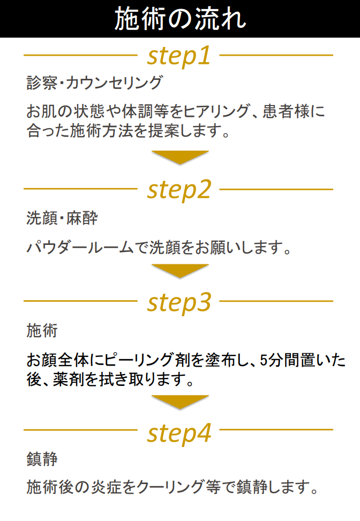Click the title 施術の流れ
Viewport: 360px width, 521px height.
point(180,19)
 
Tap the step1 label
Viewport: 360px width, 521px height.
point(179,56)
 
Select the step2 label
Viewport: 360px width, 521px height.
point(179,190)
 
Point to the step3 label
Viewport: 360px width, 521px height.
point(179,302)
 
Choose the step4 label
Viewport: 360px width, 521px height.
point(179,433)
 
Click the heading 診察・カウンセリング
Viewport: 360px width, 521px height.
point(95,83)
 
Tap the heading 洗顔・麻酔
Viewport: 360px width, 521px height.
point(62,218)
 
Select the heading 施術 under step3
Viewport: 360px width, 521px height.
point(42,331)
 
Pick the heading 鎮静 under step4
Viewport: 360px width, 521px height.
point(42,459)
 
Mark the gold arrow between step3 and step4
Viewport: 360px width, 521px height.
point(180,401)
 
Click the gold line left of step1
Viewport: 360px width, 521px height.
point(81,55)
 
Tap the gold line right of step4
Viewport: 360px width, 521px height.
point(276,430)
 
